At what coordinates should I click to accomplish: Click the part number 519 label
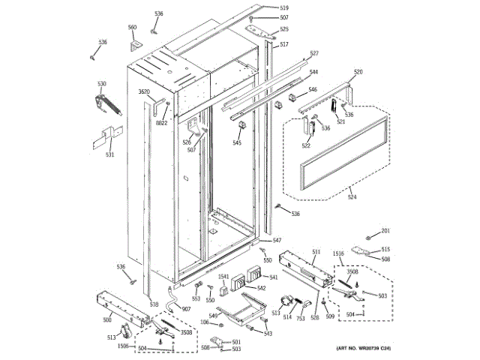click(x=263, y=7)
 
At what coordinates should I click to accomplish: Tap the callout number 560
click(x=132, y=28)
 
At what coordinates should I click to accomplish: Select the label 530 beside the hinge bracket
click(x=101, y=83)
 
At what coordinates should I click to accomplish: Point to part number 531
click(x=109, y=155)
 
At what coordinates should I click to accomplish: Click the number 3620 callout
click(x=144, y=92)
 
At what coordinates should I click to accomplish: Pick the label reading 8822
click(x=162, y=123)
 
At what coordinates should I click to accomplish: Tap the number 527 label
click(x=314, y=53)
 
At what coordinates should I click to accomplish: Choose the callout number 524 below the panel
click(x=352, y=198)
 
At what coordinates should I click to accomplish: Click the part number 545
click(x=237, y=142)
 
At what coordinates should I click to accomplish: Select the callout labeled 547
click(x=277, y=240)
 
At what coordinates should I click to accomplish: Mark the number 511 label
click(x=316, y=252)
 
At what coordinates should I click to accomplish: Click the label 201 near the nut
click(x=385, y=230)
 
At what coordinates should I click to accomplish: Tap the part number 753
click(x=300, y=318)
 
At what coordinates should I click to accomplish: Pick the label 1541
click(x=223, y=277)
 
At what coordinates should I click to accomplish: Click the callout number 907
click(x=186, y=309)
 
